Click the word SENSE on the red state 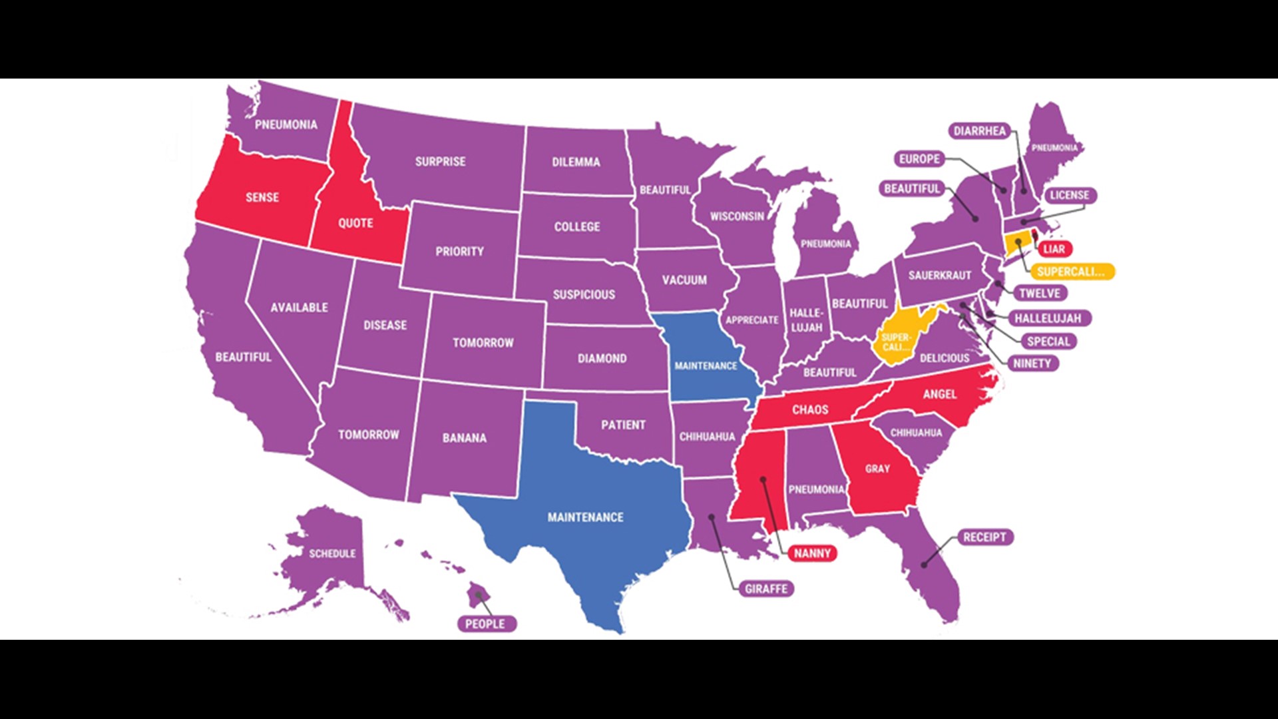point(262,197)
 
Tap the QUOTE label point(355,223)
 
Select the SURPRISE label point(440,161)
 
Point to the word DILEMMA point(576,162)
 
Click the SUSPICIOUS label point(584,294)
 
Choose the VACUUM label point(684,280)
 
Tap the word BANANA point(464,437)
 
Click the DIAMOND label point(602,358)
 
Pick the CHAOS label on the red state point(810,409)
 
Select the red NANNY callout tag point(812,553)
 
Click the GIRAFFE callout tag point(765,589)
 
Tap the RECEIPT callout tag point(984,537)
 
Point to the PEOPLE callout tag point(485,624)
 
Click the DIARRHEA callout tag point(979,131)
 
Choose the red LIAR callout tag point(1054,249)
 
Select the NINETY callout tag point(1032,363)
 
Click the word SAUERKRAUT point(939,275)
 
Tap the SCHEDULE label point(332,553)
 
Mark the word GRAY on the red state point(877,469)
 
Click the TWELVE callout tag point(1039,293)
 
